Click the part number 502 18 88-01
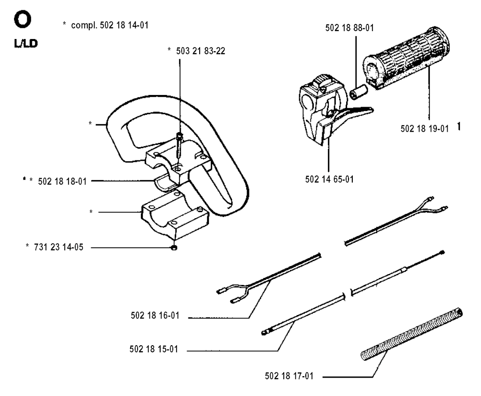click(x=349, y=28)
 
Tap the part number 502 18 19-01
click(x=425, y=128)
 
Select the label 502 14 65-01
click(x=329, y=179)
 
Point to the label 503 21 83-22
click(x=201, y=51)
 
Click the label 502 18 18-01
click(x=62, y=182)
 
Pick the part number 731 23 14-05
click(x=59, y=247)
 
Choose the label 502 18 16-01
click(x=155, y=316)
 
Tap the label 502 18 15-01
click(x=154, y=349)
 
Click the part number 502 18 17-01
click(x=289, y=376)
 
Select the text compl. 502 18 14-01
click(x=109, y=25)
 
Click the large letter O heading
click(x=23, y=20)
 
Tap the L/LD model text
click(x=26, y=44)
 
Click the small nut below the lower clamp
click(x=174, y=247)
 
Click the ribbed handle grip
click(x=406, y=58)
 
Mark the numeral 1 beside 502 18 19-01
click(x=458, y=126)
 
